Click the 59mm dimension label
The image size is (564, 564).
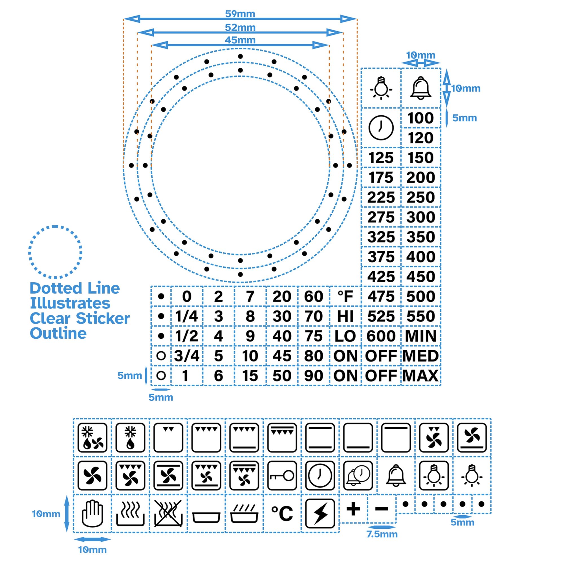[240, 14]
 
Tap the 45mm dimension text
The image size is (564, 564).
[240, 40]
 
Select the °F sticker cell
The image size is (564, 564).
[345, 296]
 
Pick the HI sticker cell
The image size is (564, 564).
[345, 316]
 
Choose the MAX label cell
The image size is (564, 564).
[421, 376]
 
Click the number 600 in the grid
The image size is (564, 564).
[381, 336]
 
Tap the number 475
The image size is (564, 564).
[381, 296]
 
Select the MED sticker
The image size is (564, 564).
[421, 356]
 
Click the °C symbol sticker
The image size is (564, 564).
[282, 514]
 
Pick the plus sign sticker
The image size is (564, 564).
[353, 509]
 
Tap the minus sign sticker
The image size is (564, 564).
[382, 509]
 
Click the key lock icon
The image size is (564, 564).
[282, 475]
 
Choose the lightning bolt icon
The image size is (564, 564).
[320, 514]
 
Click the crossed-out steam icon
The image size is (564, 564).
[168, 514]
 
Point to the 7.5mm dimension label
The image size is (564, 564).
[382, 534]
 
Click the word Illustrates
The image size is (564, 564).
[70, 303]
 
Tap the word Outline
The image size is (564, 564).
[58, 333]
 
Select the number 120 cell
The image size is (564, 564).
[421, 138]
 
